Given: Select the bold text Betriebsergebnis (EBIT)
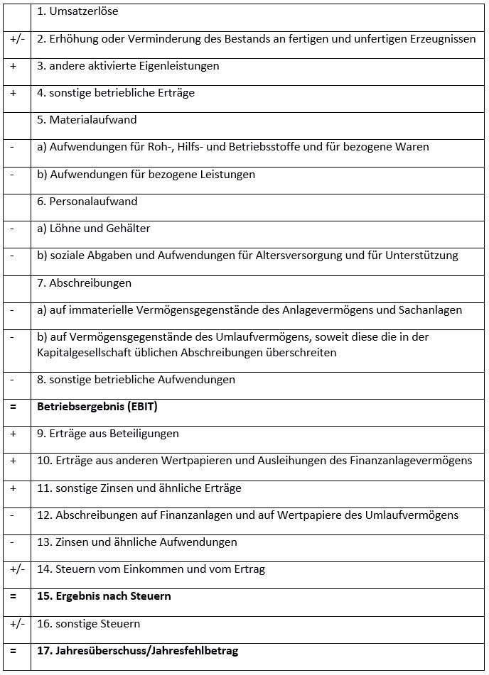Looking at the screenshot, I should [x=97, y=407].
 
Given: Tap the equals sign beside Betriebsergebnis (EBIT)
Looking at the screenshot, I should [x=13, y=407].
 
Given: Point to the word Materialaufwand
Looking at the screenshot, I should [x=92, y=120].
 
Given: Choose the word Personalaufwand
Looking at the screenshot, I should [x=93, y=202].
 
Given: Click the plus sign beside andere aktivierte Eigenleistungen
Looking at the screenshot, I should [x=13, y=66].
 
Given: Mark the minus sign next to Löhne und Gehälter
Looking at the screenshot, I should [x=12, y=229].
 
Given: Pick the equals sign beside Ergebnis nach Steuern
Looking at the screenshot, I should [x=13, y=596].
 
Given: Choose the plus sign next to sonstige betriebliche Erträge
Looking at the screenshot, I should [x=13, y=93].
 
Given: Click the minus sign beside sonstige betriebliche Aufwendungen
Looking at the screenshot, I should [x=12, y=380].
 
